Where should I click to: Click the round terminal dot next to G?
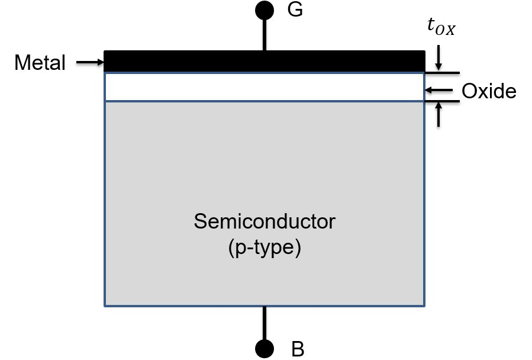point(265,10)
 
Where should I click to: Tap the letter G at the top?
point(295,10)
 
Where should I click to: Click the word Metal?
point(40,63)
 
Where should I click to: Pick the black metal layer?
point(265,61)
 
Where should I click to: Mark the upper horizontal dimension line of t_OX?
point(442,73)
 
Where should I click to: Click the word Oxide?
point(489,91)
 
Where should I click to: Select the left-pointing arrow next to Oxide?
point(439,90)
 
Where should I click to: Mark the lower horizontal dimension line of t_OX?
point(442,102)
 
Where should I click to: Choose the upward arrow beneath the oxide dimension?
point(439,115)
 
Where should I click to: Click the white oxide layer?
point(265,87)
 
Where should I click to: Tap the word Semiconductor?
point(265,222)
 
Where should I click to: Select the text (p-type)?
point(265,247)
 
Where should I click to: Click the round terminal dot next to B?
point(265,348)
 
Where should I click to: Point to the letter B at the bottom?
point(298,349)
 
